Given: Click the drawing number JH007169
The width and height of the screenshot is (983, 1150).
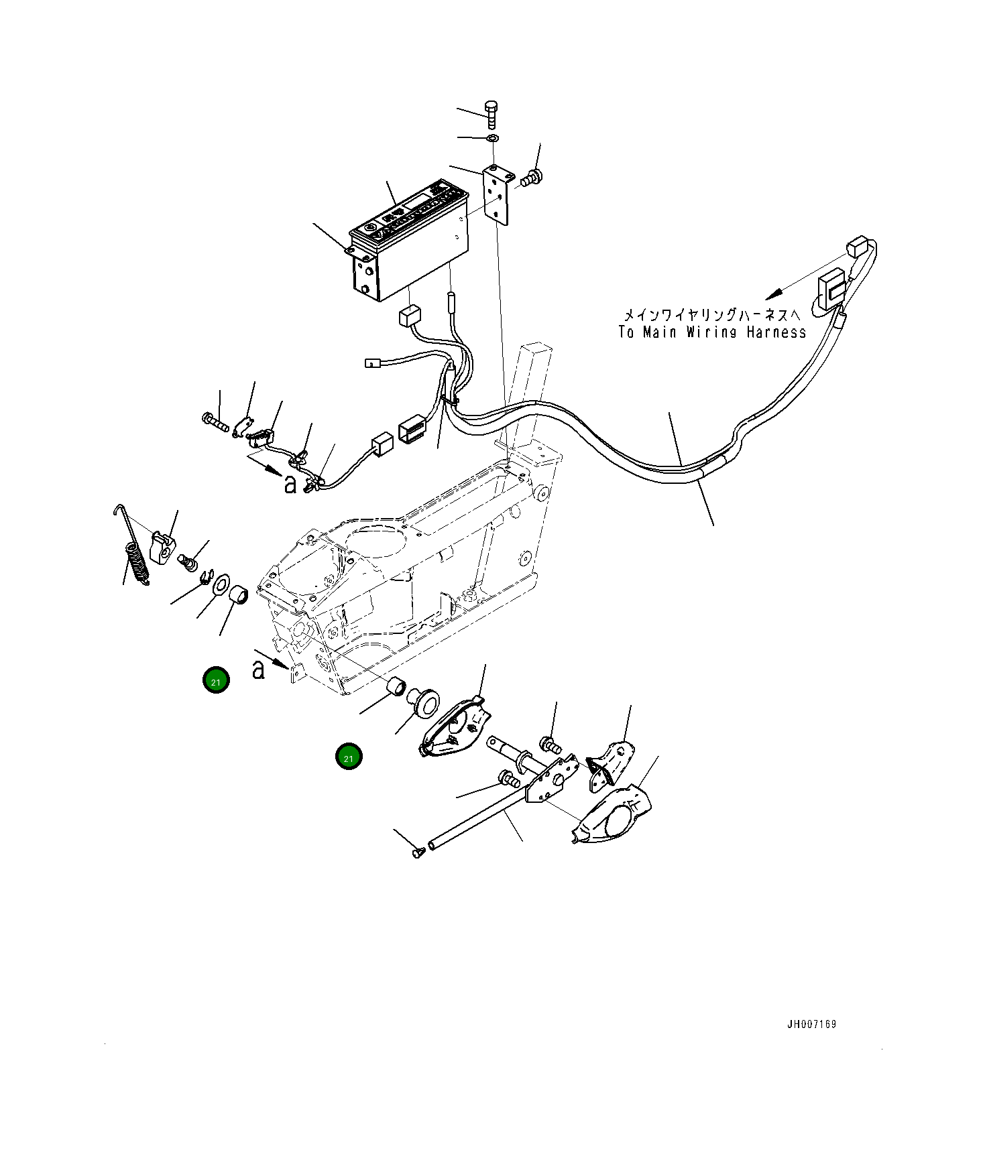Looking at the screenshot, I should [811, 1024].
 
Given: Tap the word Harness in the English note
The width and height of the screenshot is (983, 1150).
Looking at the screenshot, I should [776, 332].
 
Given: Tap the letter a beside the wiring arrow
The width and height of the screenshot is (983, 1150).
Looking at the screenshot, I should [290, 483].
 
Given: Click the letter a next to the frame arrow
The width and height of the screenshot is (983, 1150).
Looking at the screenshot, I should [258, 669].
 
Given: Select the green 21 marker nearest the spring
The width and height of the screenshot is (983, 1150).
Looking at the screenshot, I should [216, 682].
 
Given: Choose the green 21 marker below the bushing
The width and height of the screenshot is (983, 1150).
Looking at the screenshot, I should [348, 758].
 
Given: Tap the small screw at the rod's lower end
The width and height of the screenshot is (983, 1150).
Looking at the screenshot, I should [419, 852].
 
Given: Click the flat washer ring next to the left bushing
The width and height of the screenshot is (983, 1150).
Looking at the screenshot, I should [220, 584].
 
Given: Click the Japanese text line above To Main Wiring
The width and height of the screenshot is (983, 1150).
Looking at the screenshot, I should [711, 314].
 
